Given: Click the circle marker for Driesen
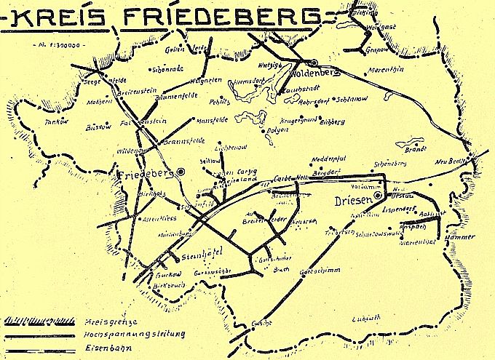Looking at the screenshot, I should click(x=379, y=195).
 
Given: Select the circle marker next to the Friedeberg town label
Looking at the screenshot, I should click(x=181, y=171).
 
